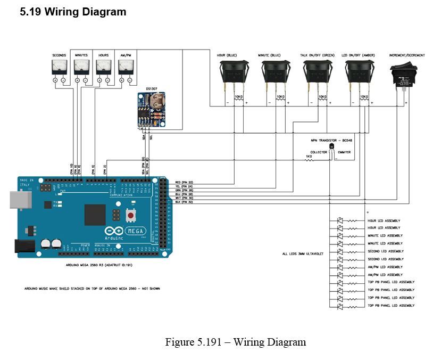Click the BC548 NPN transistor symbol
[332, 147]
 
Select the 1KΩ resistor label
[309, 157]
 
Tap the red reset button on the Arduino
[129, 215]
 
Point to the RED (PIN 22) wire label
[184, 182]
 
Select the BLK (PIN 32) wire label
[184, 202]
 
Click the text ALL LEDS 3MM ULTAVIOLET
[303, 254]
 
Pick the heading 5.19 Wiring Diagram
[73, 12]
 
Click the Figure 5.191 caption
[236, 342]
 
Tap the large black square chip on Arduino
[95, 214]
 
